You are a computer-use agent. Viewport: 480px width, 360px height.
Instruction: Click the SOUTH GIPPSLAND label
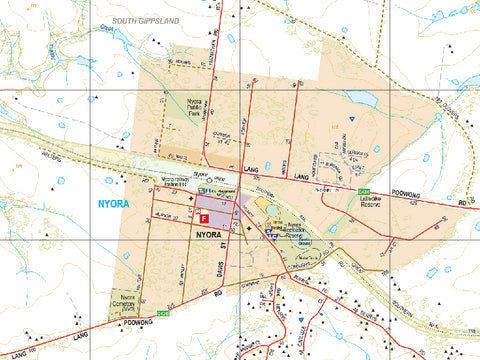[x=145, y=20]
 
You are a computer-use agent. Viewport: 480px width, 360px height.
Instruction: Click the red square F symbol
[x=204, y=217]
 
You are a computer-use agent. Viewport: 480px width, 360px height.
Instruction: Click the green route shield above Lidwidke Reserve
[x=364, y=190]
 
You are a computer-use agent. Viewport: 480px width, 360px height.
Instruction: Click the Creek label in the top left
[x=105, y=29]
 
